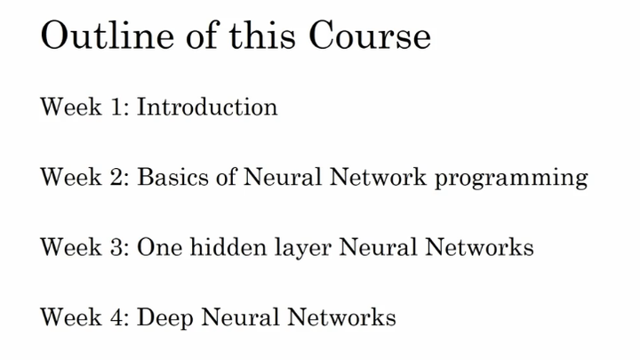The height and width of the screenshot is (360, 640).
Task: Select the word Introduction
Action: coord(207,108)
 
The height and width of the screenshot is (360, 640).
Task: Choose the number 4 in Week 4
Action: coord(120,316)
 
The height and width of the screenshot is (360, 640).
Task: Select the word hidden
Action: coord(210,246)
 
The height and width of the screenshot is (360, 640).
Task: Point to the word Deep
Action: coord(161,317)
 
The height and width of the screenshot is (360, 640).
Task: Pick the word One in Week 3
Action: coord(155,246)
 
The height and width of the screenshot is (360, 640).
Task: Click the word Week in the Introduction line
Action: coord(71,108)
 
